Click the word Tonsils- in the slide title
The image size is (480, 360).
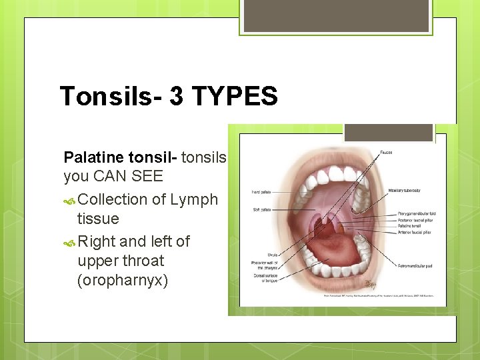tap(110, 97)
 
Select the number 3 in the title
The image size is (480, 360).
tap(176, 97)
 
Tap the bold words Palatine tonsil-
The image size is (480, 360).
tap(121, 158)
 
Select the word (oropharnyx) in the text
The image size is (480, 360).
tap(123, 280)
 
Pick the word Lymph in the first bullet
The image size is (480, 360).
tap(194, 199)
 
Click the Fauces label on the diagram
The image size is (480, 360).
tap(386, 153)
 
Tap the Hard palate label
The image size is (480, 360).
tap(261, 193)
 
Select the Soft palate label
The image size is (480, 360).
tap(260, 209)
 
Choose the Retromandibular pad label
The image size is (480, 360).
tap(415, 266)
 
